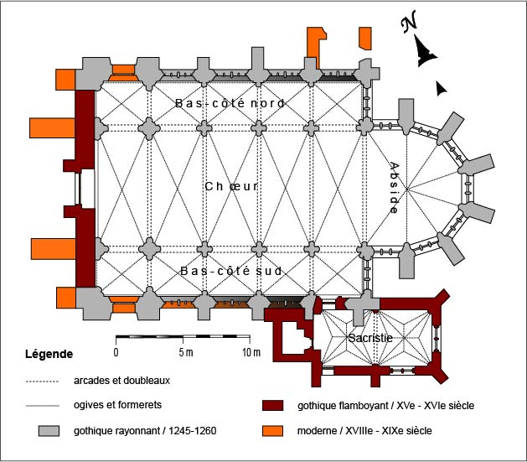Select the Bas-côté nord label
point(230,103)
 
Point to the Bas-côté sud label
point(230,271)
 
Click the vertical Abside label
point(395,188)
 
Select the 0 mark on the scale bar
point(116,350)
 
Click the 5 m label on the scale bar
point(186,350)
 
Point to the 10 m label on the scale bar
point(251,350)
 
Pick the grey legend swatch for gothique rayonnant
point(49,431)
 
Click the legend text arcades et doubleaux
point(121,381)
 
